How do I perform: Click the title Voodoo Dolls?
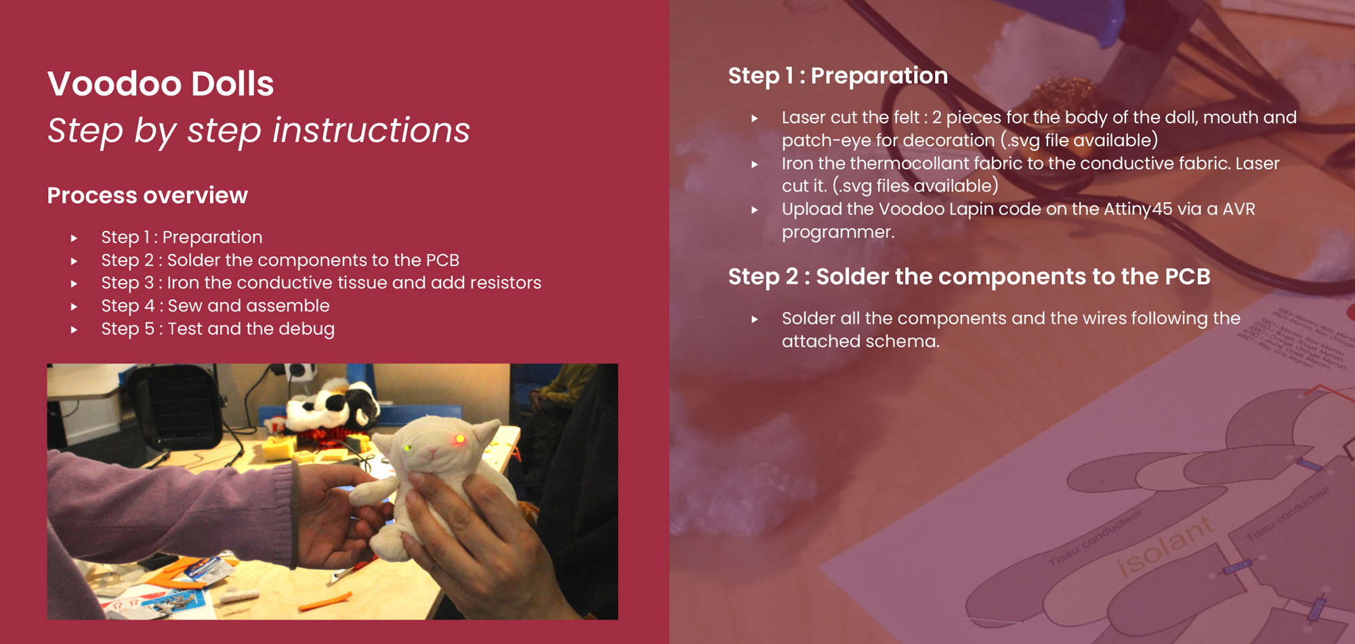(x=161, y=84)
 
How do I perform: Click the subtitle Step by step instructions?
(x=258, y=130)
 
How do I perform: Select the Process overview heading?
(x=148, y=196)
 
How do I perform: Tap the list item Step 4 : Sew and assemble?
(x=215, y=306)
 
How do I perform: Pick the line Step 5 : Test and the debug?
(x=218, y=329)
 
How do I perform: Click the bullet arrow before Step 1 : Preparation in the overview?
(x=75, y=238)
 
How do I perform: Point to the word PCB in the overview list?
(x=442, y=260)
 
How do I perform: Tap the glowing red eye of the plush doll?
(x=460, y=439)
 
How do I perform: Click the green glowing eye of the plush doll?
(x=408, y=448)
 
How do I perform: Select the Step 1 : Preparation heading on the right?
(x=838, y=76)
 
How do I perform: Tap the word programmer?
(x=838, y=233)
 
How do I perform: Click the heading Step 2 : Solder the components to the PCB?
(x=970, y=277)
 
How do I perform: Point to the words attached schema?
(x=860, y=341)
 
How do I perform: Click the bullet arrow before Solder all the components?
(x=755, y=319)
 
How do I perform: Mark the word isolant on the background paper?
(x=1164, y=546)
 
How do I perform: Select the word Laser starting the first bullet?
(x=804, y=118)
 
